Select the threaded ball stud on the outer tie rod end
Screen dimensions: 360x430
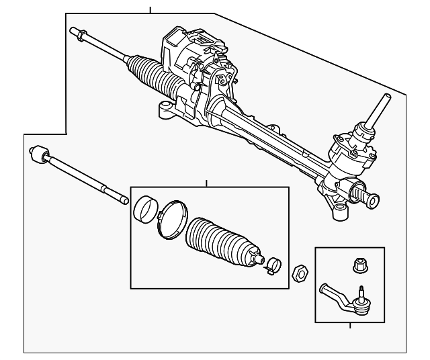click(x=361, y=294)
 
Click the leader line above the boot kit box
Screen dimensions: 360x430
click(x=207, y=184)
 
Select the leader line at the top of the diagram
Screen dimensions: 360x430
click(x=150, y=9)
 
